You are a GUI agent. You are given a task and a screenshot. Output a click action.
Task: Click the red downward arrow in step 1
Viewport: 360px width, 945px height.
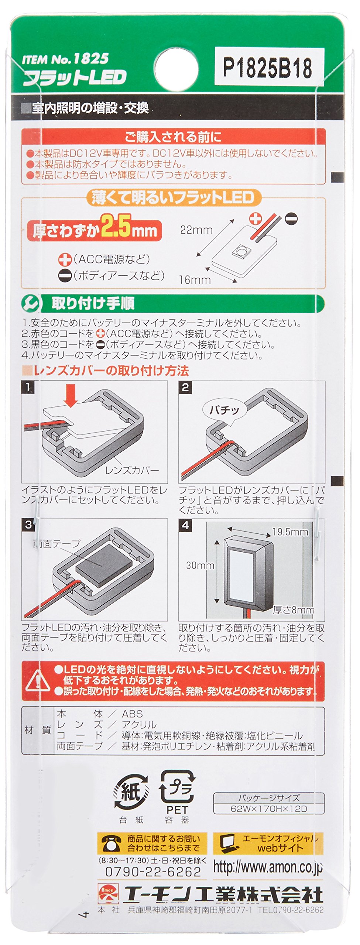tap(71, 395)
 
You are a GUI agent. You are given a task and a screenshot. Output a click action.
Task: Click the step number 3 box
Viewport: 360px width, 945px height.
tap(28, 525)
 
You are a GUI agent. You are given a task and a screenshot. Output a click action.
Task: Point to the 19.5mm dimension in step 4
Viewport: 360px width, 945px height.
tap(290, 532)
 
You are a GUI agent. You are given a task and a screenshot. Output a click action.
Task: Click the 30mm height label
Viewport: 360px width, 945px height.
tap(200, 565)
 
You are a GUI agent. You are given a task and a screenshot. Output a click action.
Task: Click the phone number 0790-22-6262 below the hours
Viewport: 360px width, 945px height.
tap(153, 872)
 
